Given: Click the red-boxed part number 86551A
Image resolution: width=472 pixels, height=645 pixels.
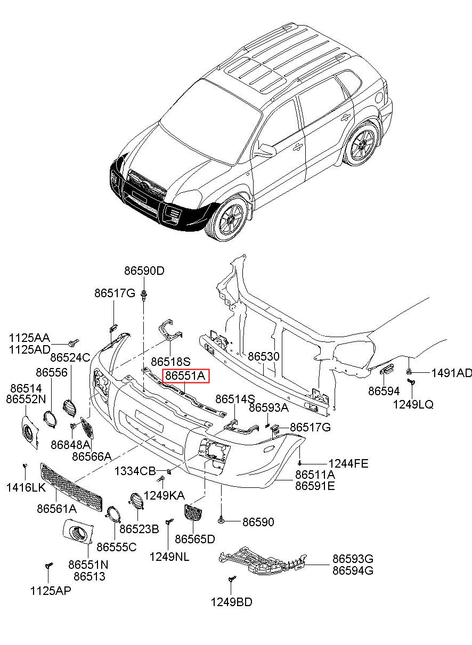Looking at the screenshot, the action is [185, 376].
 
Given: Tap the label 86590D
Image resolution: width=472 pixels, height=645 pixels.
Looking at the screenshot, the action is [144, 271].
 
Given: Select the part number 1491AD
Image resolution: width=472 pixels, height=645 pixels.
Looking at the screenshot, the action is [452, 373].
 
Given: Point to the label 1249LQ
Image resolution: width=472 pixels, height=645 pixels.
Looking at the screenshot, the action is [413, 405].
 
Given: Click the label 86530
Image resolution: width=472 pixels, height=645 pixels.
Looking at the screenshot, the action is [264, 356].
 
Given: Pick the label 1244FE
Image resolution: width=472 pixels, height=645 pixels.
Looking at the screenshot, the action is [348, 463].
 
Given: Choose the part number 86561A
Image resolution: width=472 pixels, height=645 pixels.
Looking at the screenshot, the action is [56, 509].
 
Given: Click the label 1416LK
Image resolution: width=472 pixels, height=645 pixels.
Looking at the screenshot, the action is [26, 487].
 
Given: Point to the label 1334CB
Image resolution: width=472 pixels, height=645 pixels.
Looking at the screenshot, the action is [135, 471].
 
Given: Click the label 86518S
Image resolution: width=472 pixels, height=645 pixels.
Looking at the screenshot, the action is [171, 362].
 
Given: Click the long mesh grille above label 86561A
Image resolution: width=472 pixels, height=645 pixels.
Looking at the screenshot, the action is [71, 487].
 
